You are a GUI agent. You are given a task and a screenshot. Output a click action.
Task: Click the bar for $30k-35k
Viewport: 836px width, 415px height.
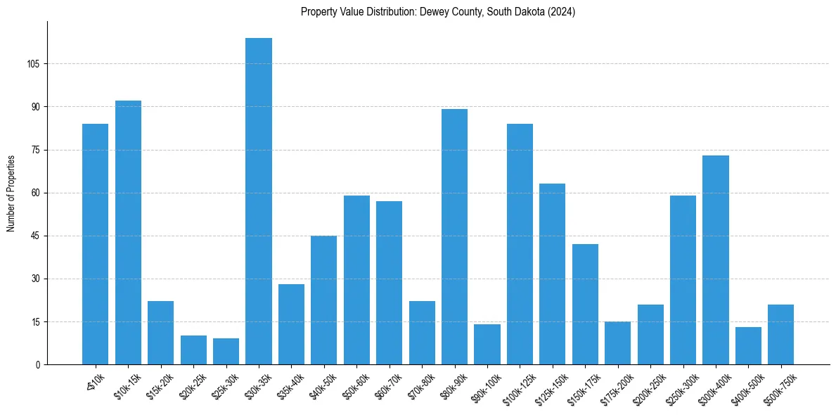pos(259,201)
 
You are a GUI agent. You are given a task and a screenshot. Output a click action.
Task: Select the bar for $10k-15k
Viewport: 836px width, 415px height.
pos(128,233)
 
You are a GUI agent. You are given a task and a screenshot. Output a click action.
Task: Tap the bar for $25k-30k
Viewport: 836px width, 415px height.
pos(226,352)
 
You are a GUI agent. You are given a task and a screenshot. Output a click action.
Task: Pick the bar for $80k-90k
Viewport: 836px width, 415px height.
pos(454,237)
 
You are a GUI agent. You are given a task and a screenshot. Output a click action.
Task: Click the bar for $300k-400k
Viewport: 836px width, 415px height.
pos(716,260)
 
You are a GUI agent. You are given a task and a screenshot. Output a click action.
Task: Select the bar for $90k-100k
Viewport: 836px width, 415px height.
pos(487,345)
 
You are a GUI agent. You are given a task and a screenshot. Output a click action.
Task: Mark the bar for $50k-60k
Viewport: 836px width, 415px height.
pos(356,280)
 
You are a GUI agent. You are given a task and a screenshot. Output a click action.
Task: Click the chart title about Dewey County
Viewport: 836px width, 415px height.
pos(438,12)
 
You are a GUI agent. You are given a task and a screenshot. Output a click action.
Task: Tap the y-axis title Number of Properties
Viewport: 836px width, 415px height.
pos(11,193)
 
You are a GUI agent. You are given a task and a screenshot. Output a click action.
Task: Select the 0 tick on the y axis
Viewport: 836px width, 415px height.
pos(39,365)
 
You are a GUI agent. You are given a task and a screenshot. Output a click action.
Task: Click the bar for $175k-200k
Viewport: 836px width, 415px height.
pos(617,343)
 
